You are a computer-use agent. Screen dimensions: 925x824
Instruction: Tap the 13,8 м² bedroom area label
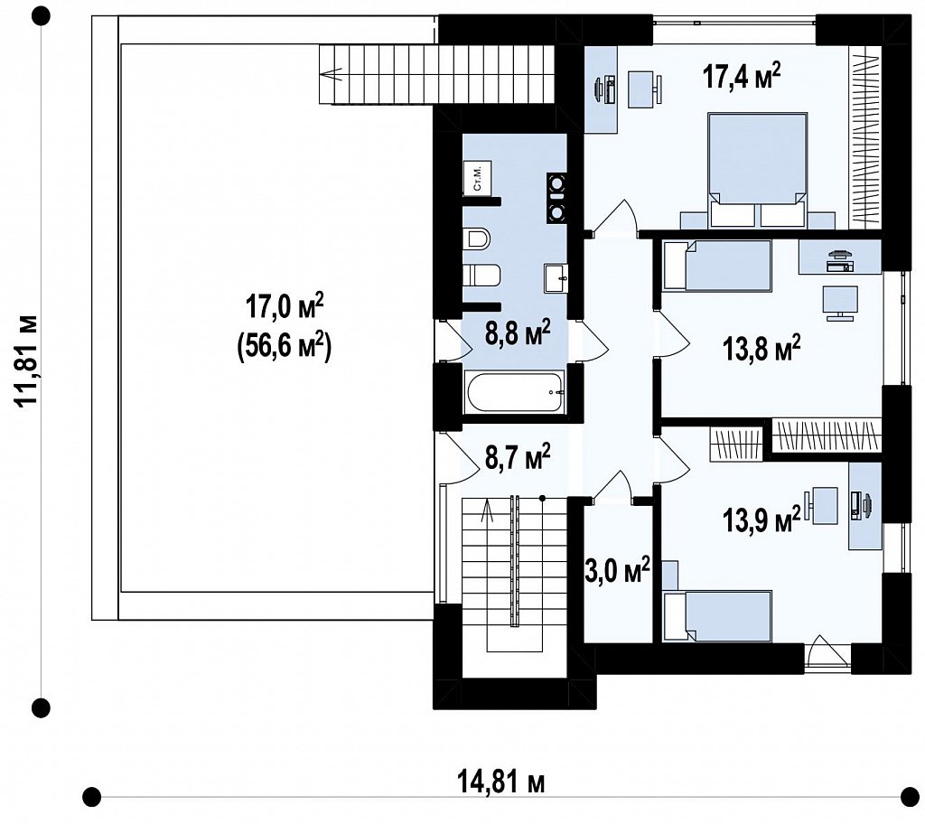tap(761, 347)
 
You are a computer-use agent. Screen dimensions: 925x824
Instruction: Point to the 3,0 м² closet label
tap(618, 570)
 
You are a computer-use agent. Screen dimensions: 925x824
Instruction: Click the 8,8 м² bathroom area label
tap(518, 332)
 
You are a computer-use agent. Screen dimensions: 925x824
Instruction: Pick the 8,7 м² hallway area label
tap(518, 456)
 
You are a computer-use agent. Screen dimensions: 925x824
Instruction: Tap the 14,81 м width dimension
tap(500, 783)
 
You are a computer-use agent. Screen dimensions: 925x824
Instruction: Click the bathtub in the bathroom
tap(515, 392)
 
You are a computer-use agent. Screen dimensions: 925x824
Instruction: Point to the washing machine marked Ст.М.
tap(477, 177)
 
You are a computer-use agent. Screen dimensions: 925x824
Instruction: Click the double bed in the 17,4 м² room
tap(758, 169)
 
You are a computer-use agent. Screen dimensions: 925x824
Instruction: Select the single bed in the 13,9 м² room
tap(716, 615)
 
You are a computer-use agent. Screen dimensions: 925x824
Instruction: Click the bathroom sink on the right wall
tap(556, 277)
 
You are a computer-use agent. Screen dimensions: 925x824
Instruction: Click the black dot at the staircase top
tap(542, 498)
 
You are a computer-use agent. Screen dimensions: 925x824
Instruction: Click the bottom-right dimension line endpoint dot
tap(911, 796)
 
